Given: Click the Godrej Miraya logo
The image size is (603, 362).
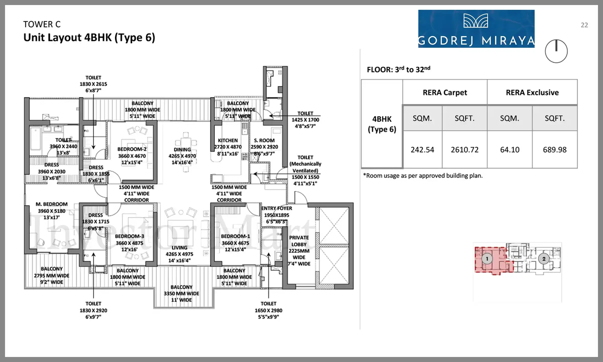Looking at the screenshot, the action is tap(476, 29).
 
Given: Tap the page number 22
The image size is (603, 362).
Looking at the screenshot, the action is tap(584, 25).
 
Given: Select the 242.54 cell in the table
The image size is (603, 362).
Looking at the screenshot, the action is tap(422, 150).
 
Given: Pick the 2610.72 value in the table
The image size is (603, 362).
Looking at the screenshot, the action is tap(465, 150).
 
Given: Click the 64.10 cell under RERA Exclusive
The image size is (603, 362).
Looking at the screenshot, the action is tap(510, 150).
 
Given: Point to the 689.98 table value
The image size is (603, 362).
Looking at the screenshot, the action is tap(555, 150).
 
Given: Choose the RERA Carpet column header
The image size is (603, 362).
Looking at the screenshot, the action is tap(445, 93).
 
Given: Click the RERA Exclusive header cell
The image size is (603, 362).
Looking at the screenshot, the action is tap(532, 93).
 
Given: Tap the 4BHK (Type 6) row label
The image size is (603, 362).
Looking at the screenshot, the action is tap(382, 124).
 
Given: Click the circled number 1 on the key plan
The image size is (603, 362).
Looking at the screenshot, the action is tap(487, 259).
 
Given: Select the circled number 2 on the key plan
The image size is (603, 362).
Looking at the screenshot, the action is tap(544, 259).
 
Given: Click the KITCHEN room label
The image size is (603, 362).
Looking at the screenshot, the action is tap(228, 141).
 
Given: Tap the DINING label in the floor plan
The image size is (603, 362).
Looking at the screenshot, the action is tap(182, 150).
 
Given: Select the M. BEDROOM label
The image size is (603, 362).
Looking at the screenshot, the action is tap(52, 204).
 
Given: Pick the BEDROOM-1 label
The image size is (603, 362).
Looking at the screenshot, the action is tap(235, 236).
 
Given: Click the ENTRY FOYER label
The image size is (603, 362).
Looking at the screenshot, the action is tap(276, 208).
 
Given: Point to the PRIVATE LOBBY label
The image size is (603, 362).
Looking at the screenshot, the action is tap(299, 241).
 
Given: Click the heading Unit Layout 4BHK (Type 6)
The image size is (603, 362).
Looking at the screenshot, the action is tap(89, 38).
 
